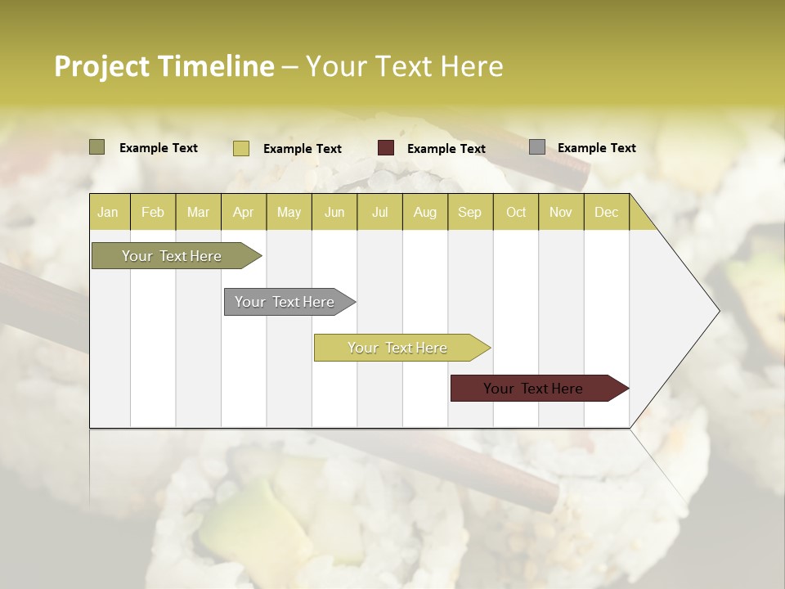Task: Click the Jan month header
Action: [108, 212]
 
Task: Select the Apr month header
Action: [243, 212]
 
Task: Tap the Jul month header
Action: [379, 212]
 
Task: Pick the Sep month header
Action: [469, 212]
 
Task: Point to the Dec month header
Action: [606, 212]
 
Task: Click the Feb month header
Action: [153, 212]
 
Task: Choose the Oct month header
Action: [516, 212]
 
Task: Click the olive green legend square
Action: [97, 147]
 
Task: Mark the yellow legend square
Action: [240, 148]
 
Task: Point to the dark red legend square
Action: [386, 148]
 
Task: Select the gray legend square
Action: [537, 147]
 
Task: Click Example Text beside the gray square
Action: [596, 147]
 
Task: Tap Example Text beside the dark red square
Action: [446, 148]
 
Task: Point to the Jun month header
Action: [334, 212]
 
